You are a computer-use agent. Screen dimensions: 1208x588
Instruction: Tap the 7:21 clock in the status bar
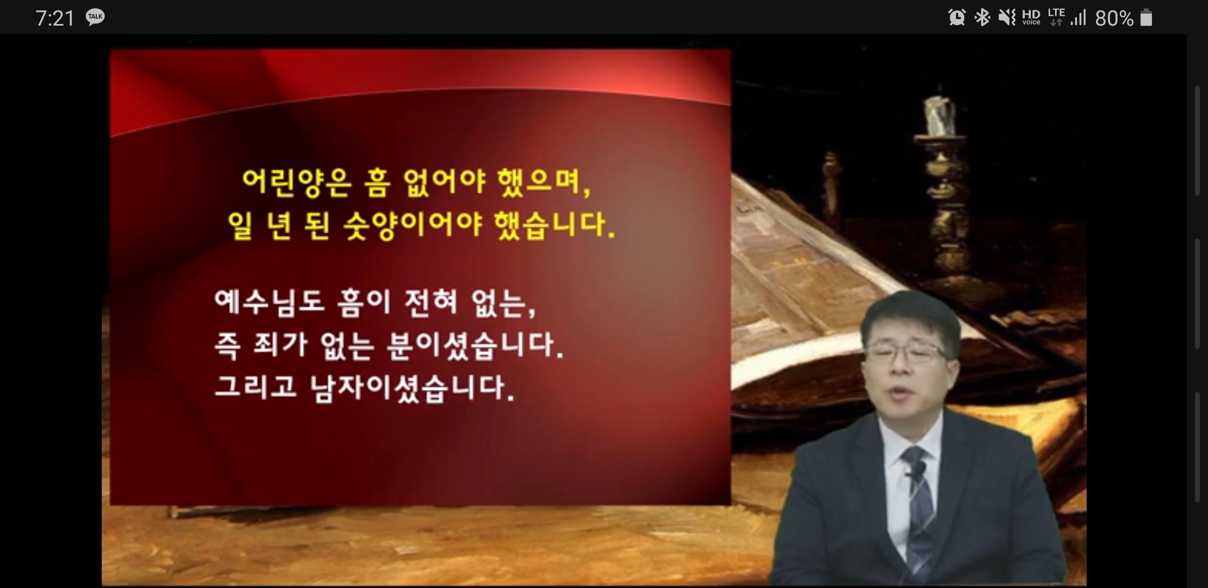(x=55, y=19)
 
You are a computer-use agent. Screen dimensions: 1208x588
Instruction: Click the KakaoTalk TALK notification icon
(x=95, y=17)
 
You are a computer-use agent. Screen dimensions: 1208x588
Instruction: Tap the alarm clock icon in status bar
(x=957, y=18)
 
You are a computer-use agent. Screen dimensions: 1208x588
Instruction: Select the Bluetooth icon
(x=982, y=18)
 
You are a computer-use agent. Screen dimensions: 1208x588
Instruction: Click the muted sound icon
(x=1007, y=18)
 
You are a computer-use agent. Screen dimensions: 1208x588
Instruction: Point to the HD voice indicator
(x=1031, y=17)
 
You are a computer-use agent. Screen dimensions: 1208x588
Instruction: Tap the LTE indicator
(x=1056, y=17)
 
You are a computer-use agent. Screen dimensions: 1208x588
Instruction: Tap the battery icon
(x=1146, y=18)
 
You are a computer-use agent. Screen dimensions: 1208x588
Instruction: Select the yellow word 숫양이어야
(x=412, y=225)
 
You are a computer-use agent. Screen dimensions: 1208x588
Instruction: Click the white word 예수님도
(x=269, y=303)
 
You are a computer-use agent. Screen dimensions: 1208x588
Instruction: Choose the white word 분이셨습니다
(x=474, y=345)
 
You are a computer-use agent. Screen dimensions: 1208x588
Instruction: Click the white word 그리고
(x=255, y=387)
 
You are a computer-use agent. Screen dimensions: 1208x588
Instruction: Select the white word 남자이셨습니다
(x=412, y=388)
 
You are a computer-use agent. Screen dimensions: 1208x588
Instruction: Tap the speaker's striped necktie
(x=919, y=512)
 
